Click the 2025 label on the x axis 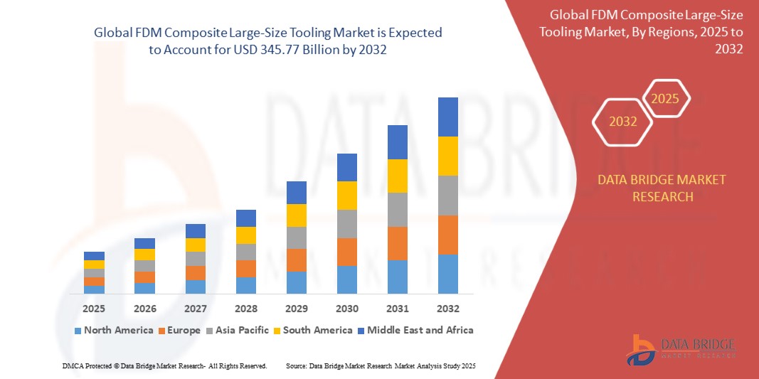94,309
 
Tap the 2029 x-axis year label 297,309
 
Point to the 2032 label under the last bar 448,309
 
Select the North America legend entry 113,330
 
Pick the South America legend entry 312,330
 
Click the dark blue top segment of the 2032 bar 448,117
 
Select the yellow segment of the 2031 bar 398,176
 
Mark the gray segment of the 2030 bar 347,223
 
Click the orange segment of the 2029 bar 297,260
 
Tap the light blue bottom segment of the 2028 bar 246,285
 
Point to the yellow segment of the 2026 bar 144,255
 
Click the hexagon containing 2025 666,98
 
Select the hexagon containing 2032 623,122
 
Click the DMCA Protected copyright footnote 164,365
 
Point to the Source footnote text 381,365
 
